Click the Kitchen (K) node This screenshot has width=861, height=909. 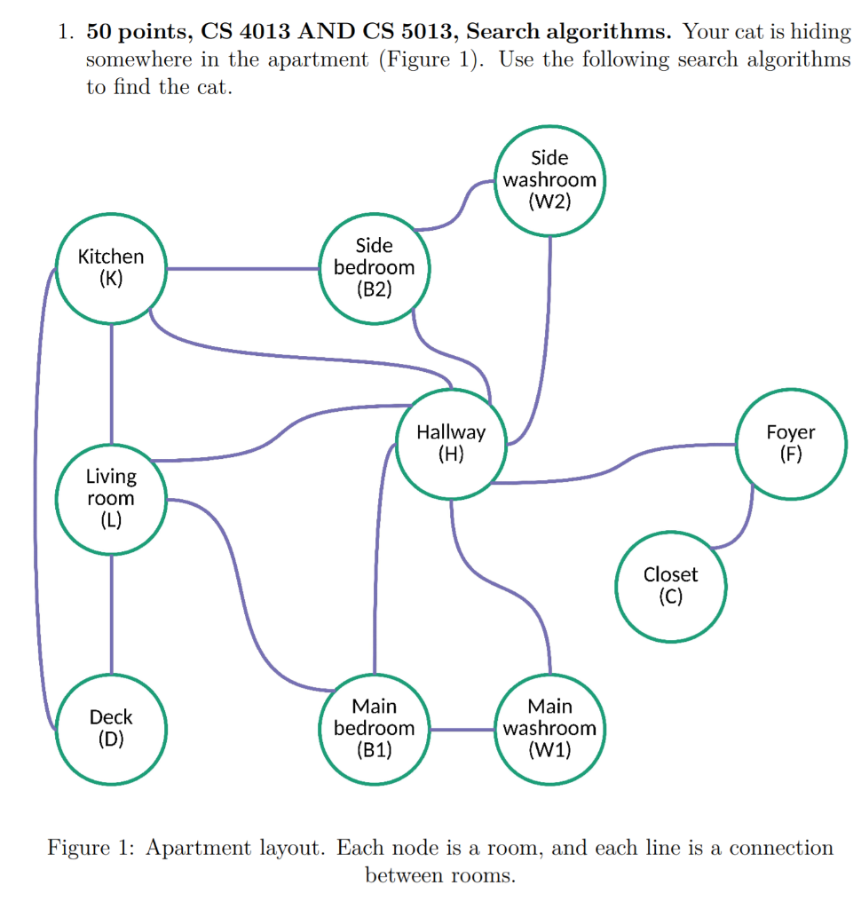tap(111, 267)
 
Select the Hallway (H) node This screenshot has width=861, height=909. tap(451, 443)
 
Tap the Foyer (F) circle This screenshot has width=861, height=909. tap(790, 443)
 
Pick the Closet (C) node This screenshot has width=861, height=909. tap(670, 586)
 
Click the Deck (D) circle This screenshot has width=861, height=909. tap(111, 728)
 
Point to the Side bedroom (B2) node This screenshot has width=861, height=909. tap(374, 267)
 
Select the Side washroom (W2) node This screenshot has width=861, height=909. tap(549, 179)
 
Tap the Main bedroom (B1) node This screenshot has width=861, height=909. tap(374, 728)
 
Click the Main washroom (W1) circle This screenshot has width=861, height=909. tap(549, 728)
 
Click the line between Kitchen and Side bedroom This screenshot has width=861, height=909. tap(242, 268)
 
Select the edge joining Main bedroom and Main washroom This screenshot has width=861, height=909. tap(462, 730)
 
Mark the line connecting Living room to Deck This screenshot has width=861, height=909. tap(112, 613)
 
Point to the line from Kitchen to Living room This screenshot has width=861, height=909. tap(112, 382)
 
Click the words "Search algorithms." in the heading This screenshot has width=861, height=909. tap(569, 33)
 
